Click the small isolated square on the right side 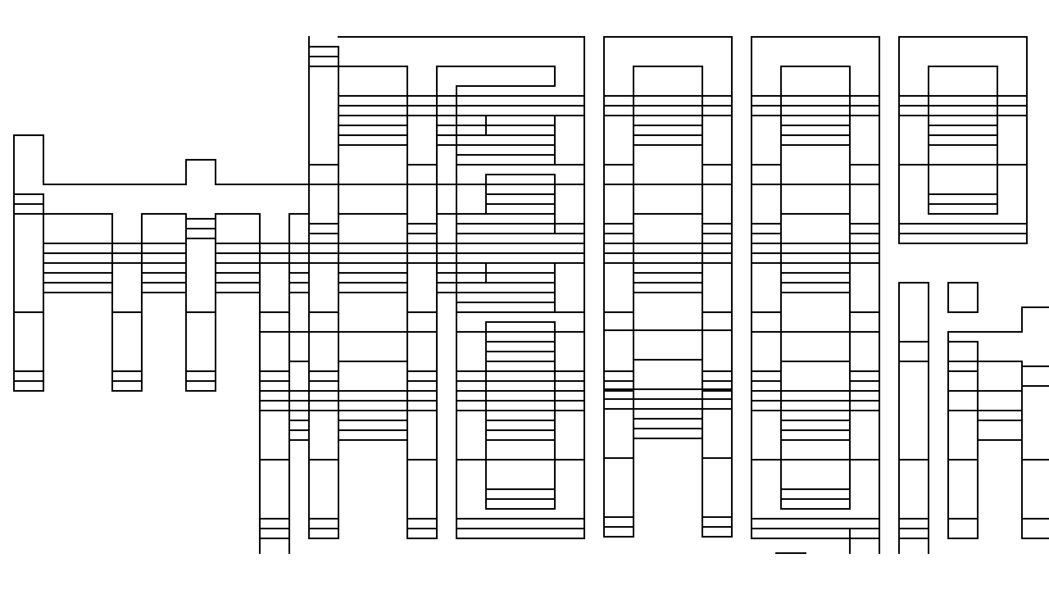point(963,297)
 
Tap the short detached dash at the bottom point(791,553)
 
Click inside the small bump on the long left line point(201,172)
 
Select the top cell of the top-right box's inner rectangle point(963,81)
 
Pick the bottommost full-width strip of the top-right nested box point(963,238)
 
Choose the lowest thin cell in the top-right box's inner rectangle point(963,209)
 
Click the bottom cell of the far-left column point(28,386)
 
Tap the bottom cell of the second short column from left point(127,386)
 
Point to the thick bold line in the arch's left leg point(618,390)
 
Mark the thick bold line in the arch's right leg point(717,390)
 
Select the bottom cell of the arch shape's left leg point(618,532)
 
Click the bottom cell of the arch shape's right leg point(717,532)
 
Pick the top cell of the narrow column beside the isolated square point(914,312)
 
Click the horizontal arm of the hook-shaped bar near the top point(505,76)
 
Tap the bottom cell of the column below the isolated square point(963,528)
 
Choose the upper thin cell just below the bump point(201,223)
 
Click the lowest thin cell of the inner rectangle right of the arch point(815,504)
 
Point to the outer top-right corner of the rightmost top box point(1027,37)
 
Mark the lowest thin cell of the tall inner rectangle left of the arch point(520,504)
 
